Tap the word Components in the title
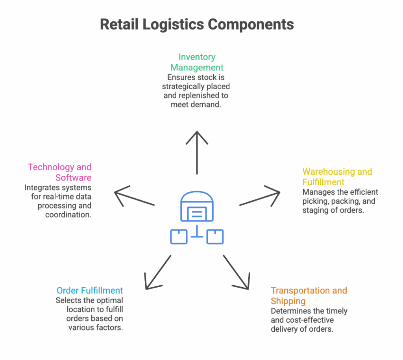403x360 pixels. pyautogui.click(x=251, y=24)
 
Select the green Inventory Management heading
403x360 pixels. pyautogui.click(x=197, y=62)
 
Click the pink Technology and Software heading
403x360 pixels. pyautogui.click(x=60, y=172)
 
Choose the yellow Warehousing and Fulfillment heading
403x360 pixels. pyautogui.click(x=337, y=177)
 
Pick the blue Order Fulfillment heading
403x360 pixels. pyautogui.click(x=90, y=291)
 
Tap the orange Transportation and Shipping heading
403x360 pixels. pyautogui.click(x=309, y=295)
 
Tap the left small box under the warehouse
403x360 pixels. pyautogui.click(x=179, y=236)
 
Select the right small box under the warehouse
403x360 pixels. pyautogui.click(x=215, y=236)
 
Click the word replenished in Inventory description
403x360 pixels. pyautogui.click(x=208, y=96)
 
